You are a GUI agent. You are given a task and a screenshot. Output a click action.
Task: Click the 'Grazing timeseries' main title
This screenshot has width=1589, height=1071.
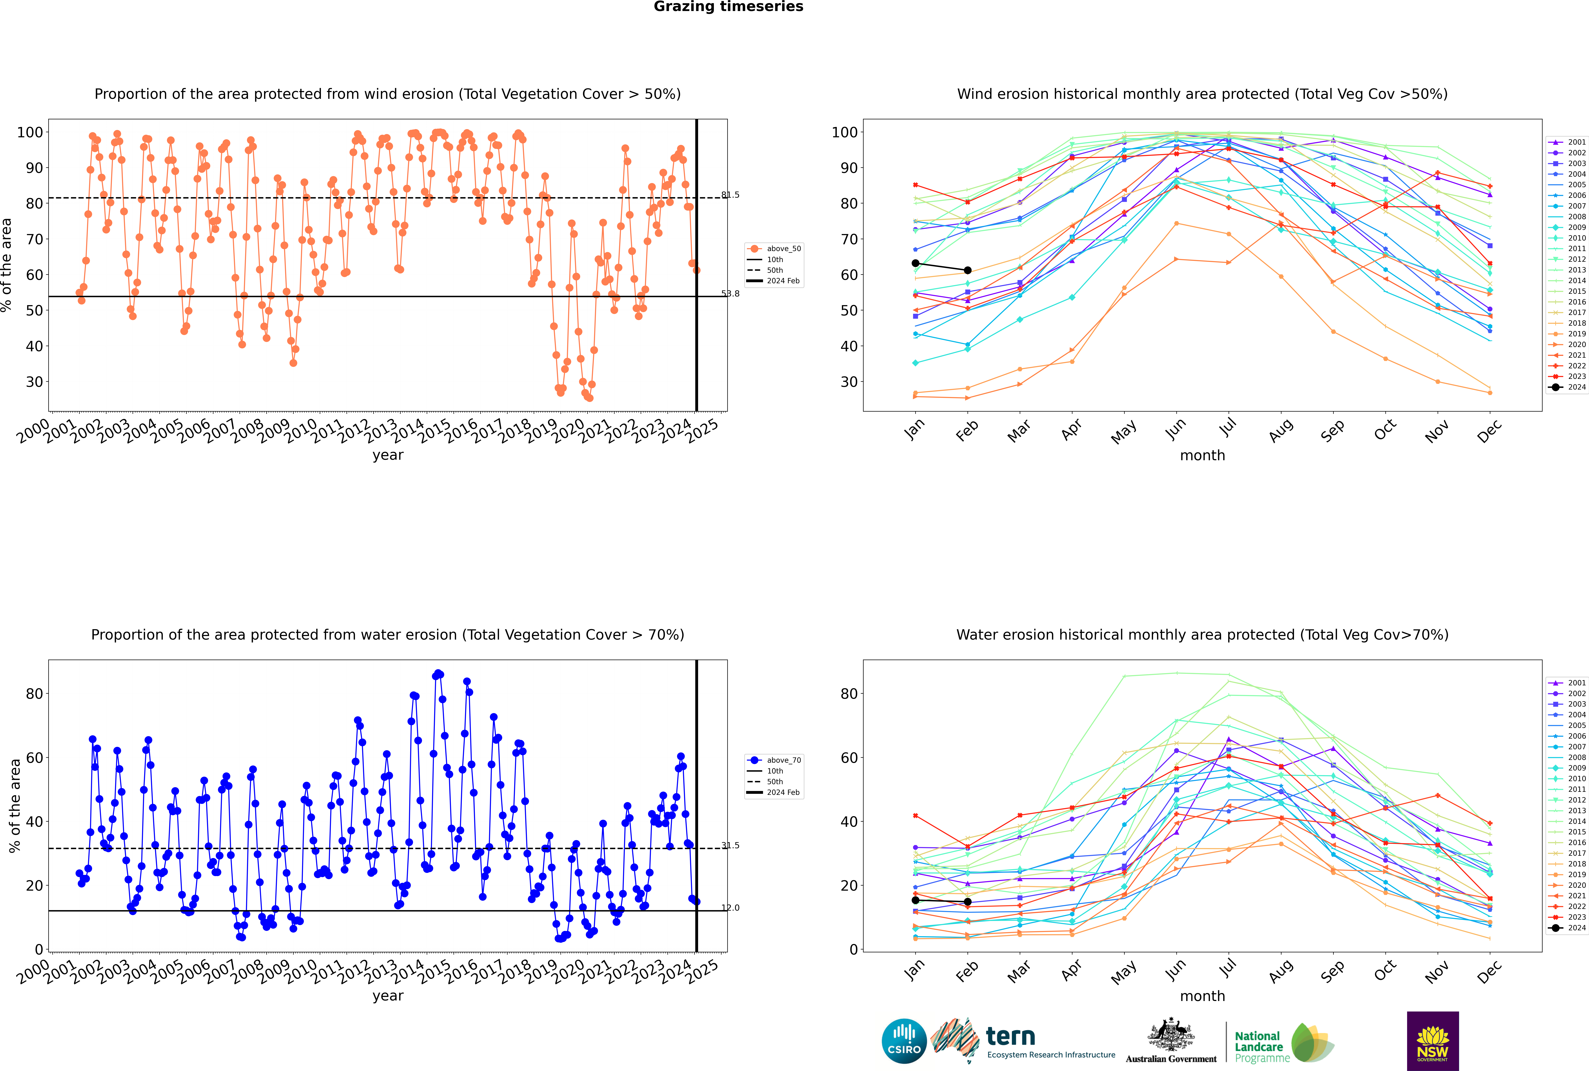pyautogui.click(x=728, y=7)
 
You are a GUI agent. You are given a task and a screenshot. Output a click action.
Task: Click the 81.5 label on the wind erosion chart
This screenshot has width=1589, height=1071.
pyautogui.click(x=730, y=195)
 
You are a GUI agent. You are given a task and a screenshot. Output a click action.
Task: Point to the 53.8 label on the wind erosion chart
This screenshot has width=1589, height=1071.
pyautogui.click(x=730, y=294)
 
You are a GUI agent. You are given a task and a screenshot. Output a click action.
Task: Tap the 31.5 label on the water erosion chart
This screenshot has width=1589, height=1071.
pyautogui.click(x=730, y=846)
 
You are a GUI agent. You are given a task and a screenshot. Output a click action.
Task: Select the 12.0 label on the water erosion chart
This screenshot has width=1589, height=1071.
pyautogui.click(x=730, y=908)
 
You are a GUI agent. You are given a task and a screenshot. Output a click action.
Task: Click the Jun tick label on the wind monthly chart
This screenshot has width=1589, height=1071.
pyautogui.click(x=1175, y=429)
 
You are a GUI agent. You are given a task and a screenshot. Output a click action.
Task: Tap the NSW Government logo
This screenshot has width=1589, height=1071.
pyautogui.click(x=1433, y=1041)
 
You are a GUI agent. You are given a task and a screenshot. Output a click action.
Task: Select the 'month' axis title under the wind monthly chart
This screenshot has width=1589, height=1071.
pyautogui.click(x=1202, y=456)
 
